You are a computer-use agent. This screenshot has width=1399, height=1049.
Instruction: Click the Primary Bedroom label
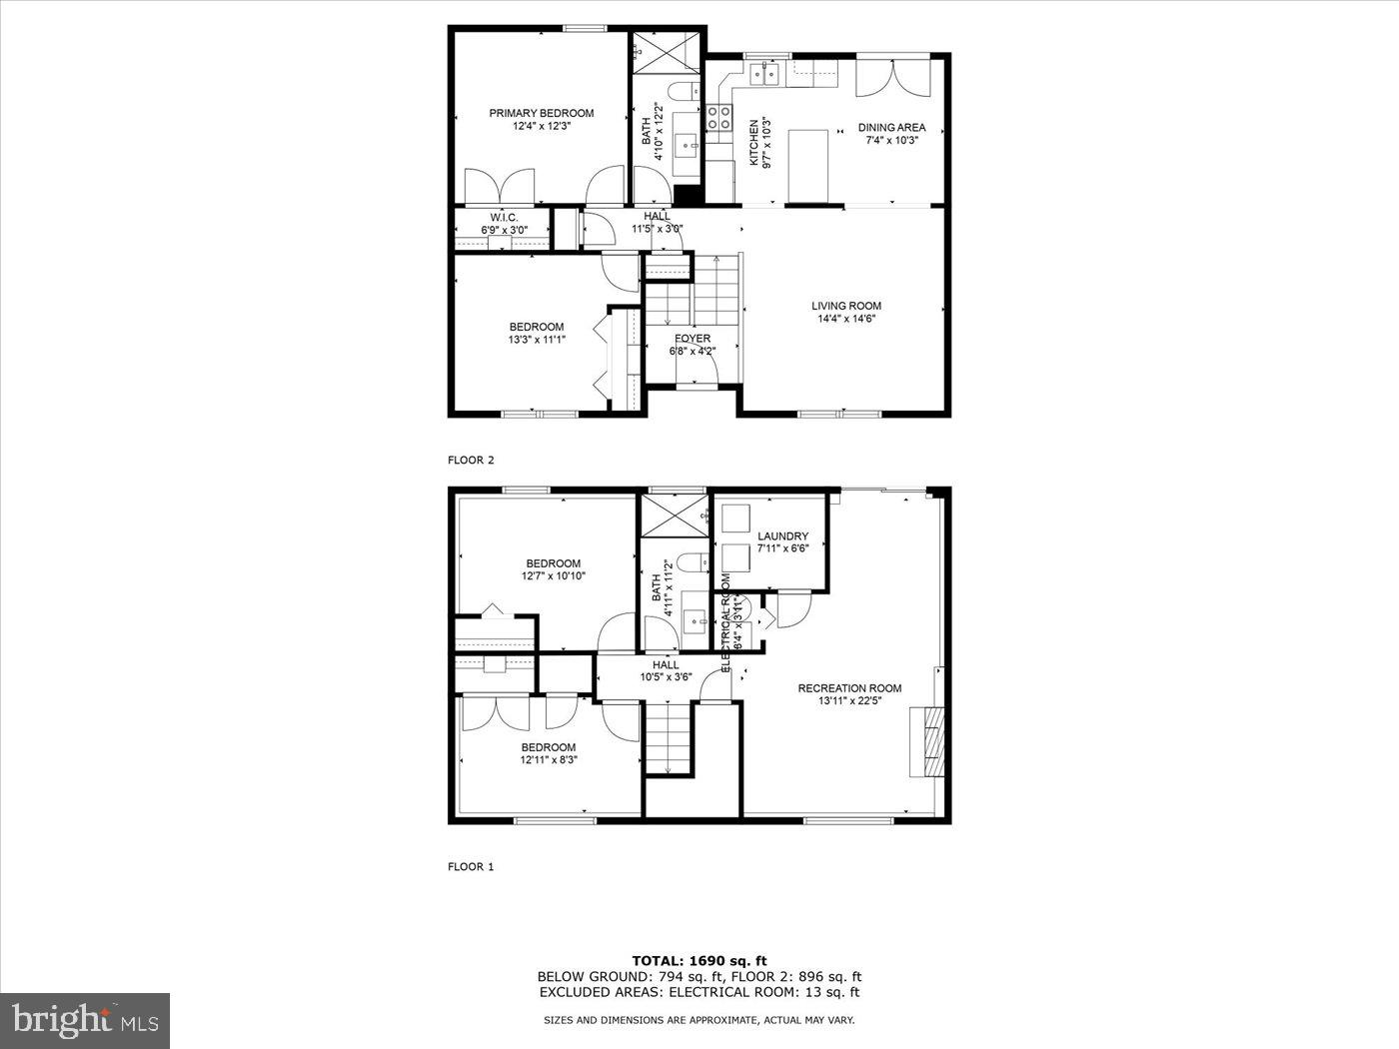tap(541, 113)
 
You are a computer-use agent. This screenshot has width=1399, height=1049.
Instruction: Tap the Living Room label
tap(845, 306)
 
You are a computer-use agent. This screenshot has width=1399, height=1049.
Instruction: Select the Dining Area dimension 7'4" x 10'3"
tap(891, 141)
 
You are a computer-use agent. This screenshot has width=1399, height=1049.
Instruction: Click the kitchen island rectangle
tap(808, 164)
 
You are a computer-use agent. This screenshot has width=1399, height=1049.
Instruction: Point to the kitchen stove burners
tap(718, 118)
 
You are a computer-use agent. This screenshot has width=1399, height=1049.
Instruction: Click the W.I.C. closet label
tap(503, 217)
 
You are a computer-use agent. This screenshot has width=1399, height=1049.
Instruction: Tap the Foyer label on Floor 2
tap(692, 339)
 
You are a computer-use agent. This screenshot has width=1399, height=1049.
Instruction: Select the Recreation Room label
tap(849, 687)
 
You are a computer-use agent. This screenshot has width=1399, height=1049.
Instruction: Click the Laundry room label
tap(782, 536)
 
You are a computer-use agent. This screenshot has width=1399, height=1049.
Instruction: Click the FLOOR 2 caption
tap(471, 461)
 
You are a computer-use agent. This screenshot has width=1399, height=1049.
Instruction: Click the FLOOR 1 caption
tap(471, 867)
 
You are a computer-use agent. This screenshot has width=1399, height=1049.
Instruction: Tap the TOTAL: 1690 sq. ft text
tap(699, 960)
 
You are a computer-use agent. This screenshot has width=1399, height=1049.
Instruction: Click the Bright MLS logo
tap(85, 1020)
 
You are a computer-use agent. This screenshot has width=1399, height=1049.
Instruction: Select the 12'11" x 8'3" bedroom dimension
tap(549, 760)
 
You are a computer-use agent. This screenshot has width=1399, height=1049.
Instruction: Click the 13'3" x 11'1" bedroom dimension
tap(537, 340)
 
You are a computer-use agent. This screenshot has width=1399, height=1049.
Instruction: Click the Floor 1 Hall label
tap(666, 664)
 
